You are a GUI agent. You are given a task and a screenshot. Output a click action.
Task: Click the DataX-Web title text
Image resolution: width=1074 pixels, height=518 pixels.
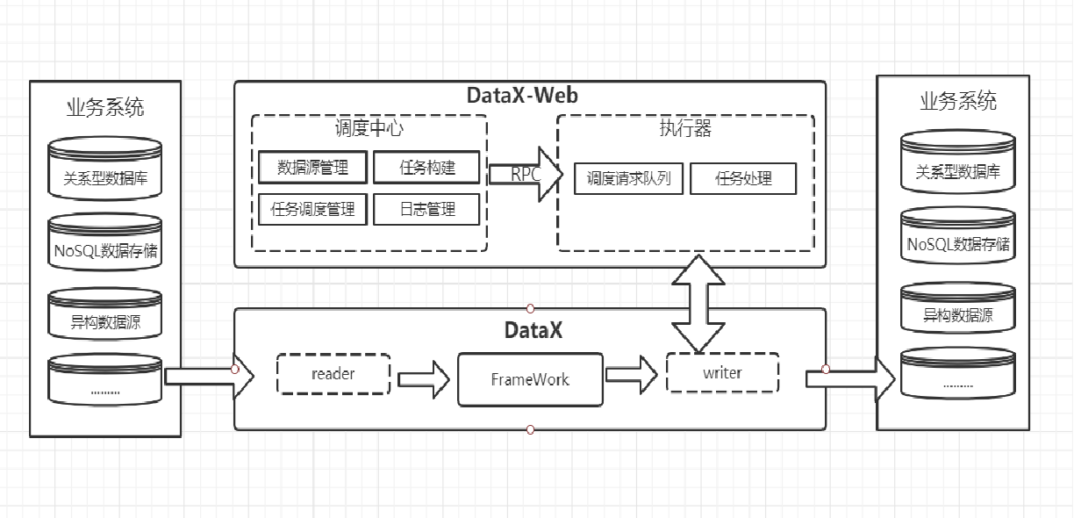pyautogui.click(x=529, y=96)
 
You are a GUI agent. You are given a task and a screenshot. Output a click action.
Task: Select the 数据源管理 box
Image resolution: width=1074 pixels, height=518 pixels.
pyautogui.click(x=312, y=168)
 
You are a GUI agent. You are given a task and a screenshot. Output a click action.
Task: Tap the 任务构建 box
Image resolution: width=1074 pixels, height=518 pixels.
pyautogui.click(x=427, y=168)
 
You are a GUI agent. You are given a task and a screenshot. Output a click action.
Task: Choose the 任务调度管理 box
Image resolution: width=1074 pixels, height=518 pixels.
pyautogui.click(x=312, y=209)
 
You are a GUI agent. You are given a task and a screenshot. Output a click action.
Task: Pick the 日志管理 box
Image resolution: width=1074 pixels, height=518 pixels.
pyautogui.click(x=427, y=209)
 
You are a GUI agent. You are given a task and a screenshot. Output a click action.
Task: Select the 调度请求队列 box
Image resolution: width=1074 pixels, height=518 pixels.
pyautogui.click(x=628, y=178)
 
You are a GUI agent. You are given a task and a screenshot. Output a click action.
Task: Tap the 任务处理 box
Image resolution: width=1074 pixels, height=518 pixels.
pyautogui.click(x=743, y=178)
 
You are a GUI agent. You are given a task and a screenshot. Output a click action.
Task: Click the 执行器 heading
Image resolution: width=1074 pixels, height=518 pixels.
pyautogui.click(x=685, y=129)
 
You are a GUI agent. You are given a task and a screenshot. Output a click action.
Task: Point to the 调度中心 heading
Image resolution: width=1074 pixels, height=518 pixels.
pyautogui.click(x=369, y=128)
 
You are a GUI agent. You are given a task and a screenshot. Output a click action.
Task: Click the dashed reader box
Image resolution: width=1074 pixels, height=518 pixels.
pyautogui.click(x=333, y=374)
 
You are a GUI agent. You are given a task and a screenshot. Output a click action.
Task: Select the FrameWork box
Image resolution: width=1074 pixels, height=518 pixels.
pyautogui.click(x=530, y=379)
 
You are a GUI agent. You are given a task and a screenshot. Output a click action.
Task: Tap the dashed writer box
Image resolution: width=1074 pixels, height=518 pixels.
pyautogui.click(x=722, y=373)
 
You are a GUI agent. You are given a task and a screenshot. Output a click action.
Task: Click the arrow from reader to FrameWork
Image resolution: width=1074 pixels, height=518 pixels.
pyautogui.click(x=425, y=379)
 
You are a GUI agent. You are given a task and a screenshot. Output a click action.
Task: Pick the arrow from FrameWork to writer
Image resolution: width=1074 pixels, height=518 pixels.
pyautogui.click(x=631, y=375)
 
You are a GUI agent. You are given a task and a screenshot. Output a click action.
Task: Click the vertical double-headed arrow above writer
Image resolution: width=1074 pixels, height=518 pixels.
pyautogui.click(x=698, y=302)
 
